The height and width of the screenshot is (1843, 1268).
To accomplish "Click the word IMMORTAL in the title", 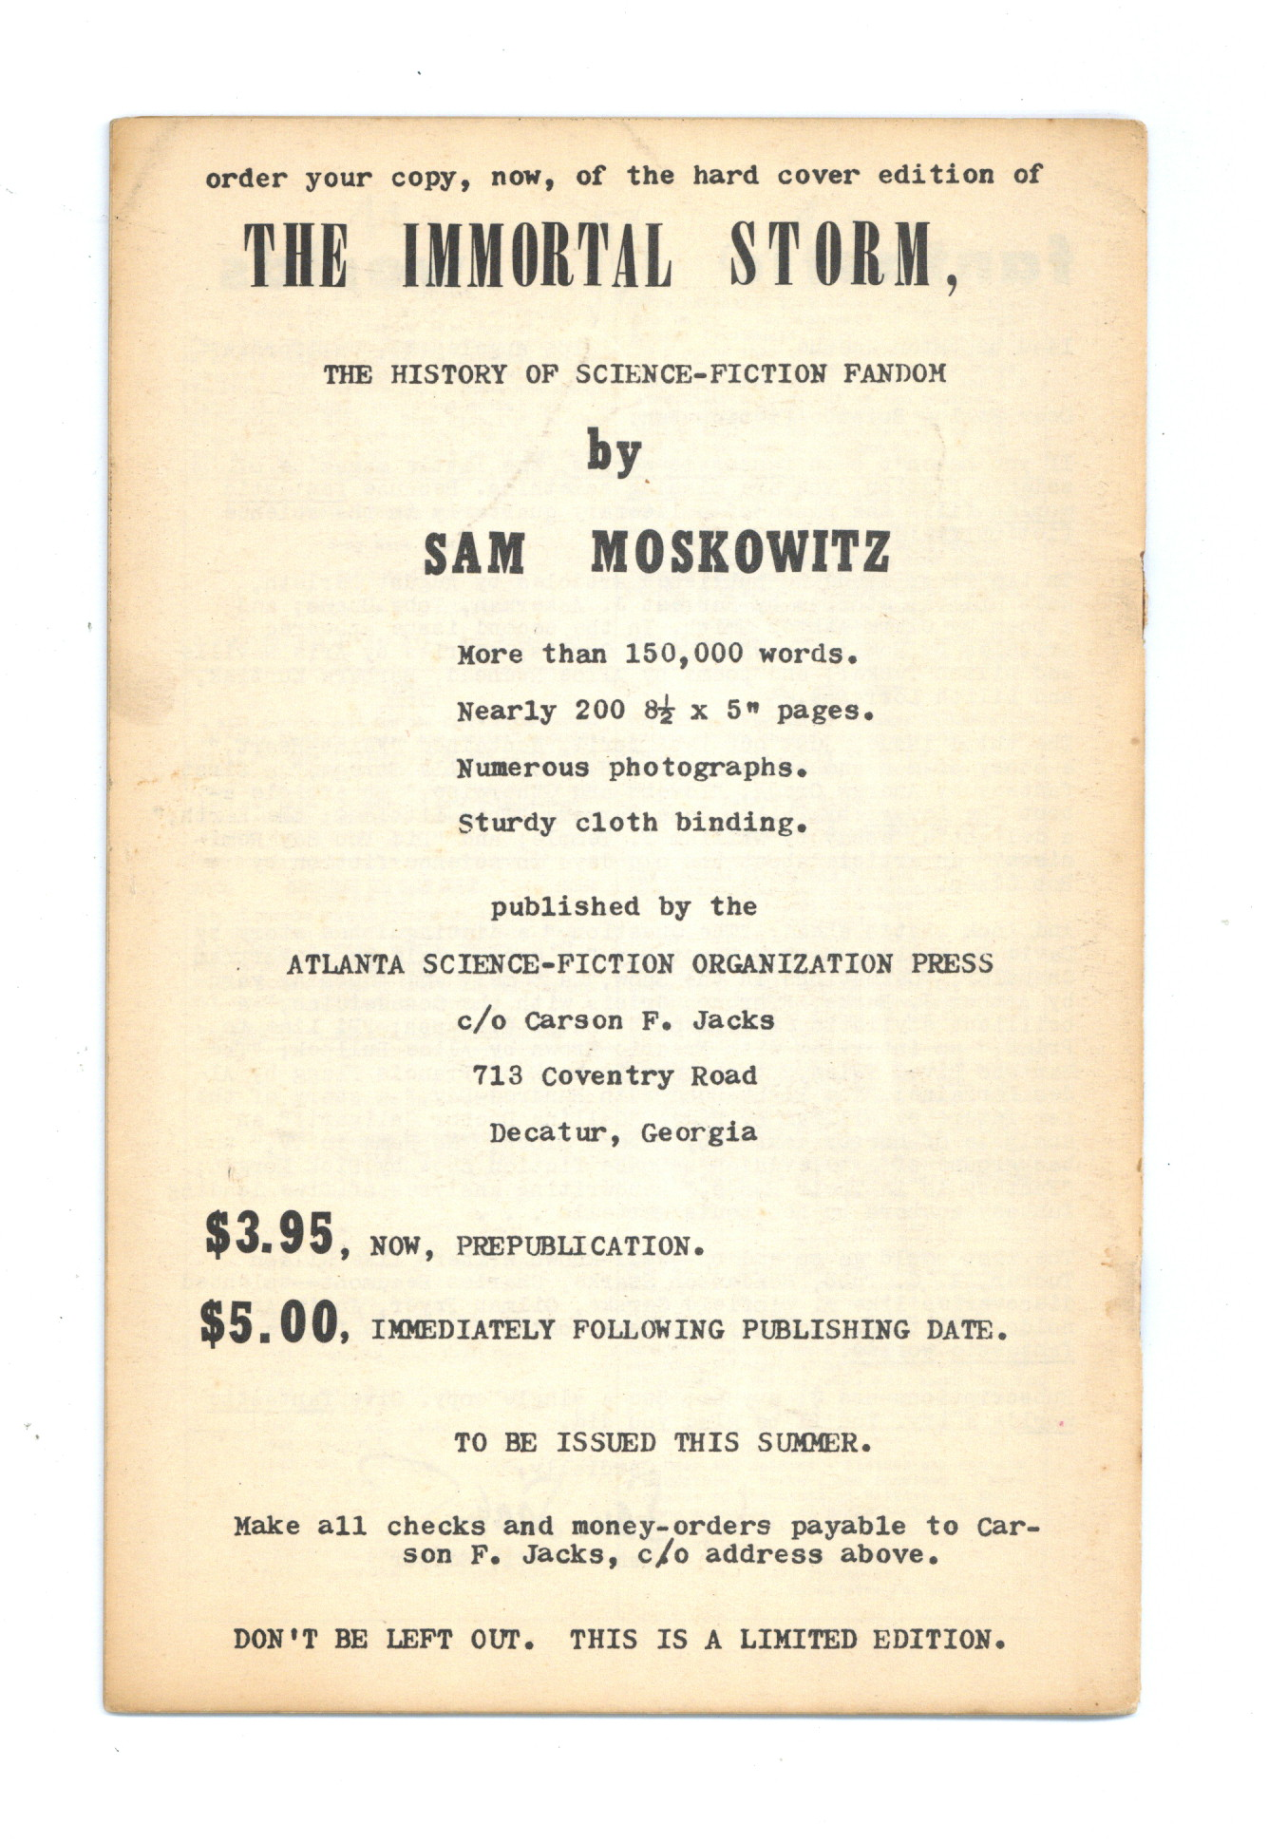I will (537, 256).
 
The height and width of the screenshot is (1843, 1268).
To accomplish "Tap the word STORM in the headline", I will (831, 256).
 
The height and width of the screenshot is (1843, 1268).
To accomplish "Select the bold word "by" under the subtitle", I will (614, 454).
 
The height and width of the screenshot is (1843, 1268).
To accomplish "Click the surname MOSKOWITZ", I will (741, 552).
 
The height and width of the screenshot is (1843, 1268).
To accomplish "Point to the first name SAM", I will (474, 554).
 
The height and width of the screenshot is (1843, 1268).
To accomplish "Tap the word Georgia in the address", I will (698, 1133).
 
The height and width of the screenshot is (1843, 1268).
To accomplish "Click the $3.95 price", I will (269, 1235).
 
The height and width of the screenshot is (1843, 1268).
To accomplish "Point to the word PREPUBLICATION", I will (578, 1246).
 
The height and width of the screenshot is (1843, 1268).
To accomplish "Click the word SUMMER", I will (811, 1443).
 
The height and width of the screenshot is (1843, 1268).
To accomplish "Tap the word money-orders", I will (671, 1527).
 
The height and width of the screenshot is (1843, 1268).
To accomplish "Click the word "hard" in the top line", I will (725, 176).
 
